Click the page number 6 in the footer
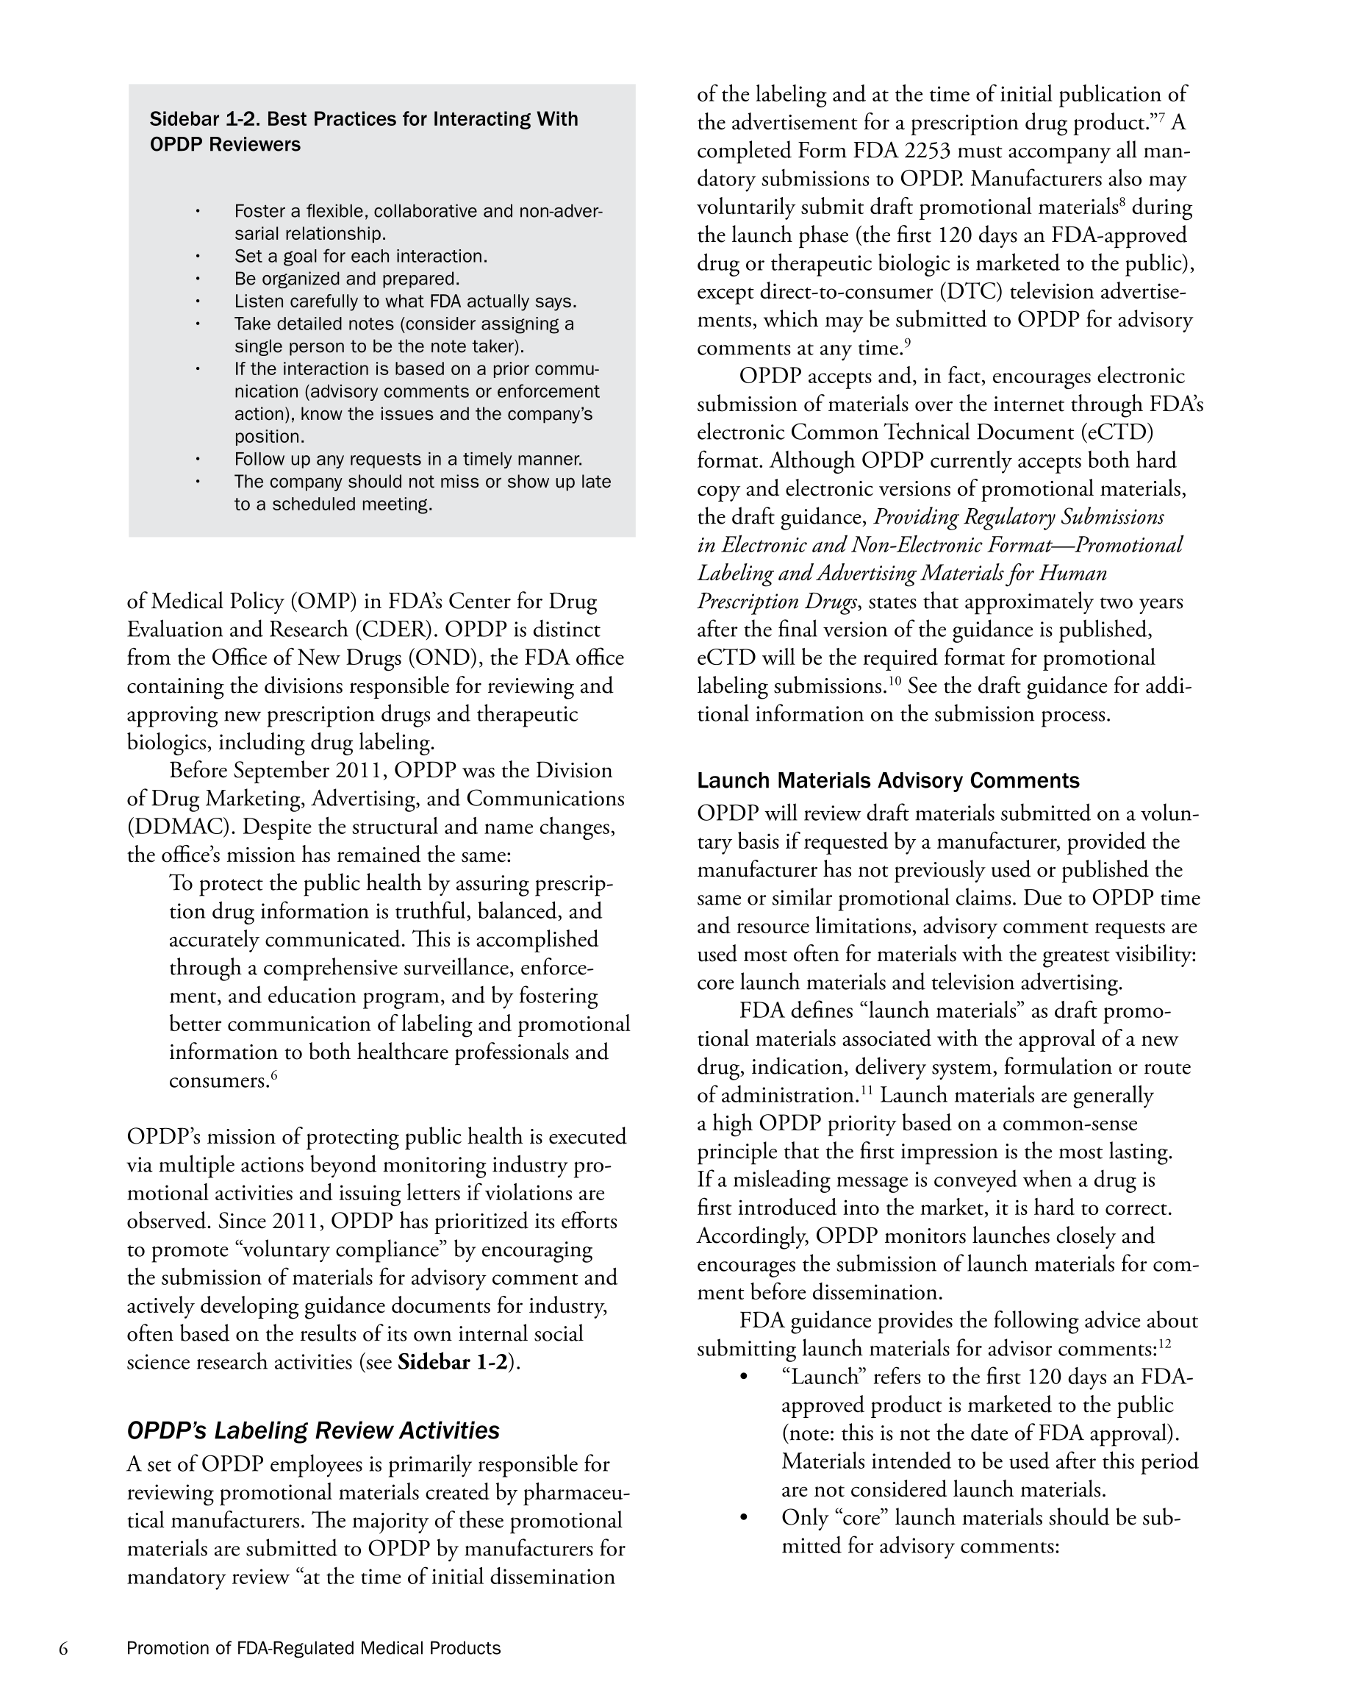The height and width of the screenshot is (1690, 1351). click(63, 1649)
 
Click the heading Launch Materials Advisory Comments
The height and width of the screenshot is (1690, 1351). click(888, 781)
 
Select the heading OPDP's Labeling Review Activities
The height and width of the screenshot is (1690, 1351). click(312, 1430)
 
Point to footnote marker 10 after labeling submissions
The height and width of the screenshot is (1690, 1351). click(894, 681)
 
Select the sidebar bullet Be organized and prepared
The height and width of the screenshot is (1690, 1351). click(346, 279)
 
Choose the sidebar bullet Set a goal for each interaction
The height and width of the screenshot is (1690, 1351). click(360, 257)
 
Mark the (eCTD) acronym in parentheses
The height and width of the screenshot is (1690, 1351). click(1111, 432)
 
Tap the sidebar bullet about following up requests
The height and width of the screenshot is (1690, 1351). click(407, 460)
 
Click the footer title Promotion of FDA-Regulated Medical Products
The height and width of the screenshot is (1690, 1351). click(313, 1649)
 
